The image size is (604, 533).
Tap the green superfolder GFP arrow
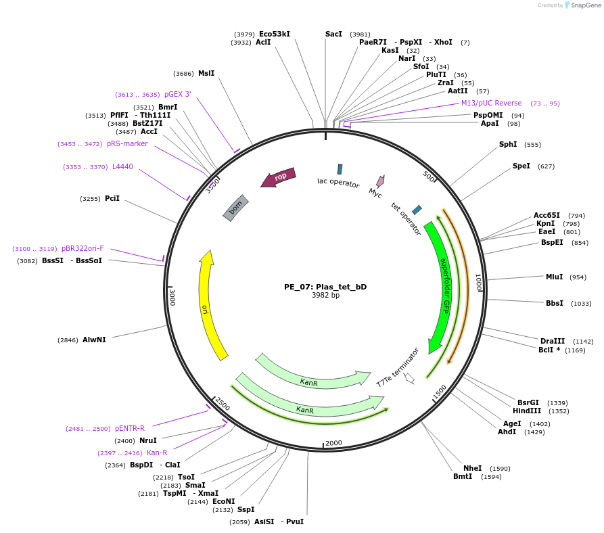(443, 284)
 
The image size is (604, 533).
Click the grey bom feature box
(236, 208)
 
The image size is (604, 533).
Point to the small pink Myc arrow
(381, 181)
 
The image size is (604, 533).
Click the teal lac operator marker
(340, 169)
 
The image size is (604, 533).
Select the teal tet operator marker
(417, 210)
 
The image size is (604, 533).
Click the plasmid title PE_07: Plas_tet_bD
(325, 287)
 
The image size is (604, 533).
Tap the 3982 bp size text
(325, 296)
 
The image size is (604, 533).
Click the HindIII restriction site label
(527, 411)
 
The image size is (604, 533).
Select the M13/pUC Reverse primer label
(492, 103)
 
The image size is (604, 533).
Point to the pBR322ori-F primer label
(83, 248)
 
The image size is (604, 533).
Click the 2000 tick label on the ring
(334, 443)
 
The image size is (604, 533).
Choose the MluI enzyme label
(554, 277)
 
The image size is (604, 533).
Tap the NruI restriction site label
(147, 440)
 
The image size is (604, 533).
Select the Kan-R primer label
(157, 453)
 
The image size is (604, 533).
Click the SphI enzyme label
(508, 144)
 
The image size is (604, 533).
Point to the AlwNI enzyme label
(94, 340)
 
